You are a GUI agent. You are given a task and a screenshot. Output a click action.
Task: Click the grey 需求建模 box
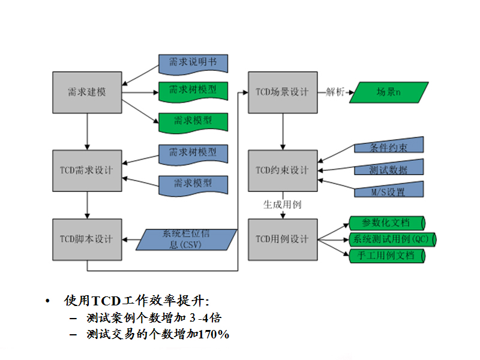pos(87,92)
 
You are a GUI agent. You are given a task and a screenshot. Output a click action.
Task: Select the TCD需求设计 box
pos(87,170)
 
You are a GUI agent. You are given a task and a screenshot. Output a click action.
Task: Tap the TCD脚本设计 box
pos(87,239)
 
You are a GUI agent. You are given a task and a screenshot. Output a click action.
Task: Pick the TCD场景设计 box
pos(283,92)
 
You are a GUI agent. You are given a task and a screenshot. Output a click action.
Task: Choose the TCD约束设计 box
pos(283,170)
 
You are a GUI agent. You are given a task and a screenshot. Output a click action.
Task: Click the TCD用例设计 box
pos(283,239)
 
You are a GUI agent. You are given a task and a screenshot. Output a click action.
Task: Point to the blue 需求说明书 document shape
pos(193,62)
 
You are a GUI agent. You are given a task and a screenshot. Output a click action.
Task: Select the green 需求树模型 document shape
pos(193,91)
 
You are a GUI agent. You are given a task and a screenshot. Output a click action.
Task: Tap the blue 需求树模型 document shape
pos(193,153)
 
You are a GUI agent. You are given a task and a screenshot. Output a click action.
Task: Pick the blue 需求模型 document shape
pos(193,183)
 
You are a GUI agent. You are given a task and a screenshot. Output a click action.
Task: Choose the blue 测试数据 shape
pos(389,169)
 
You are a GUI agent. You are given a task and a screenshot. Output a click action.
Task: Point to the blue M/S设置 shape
pos(389,191)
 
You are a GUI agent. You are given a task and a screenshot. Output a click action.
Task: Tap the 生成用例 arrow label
pos(282,204)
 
